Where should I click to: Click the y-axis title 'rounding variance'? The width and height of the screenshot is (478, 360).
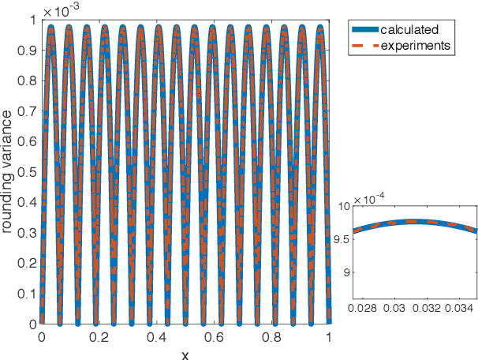point(9,173)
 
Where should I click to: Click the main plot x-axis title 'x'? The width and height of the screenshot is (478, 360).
point(185,353)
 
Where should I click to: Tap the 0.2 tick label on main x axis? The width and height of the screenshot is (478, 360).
point(99,337)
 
